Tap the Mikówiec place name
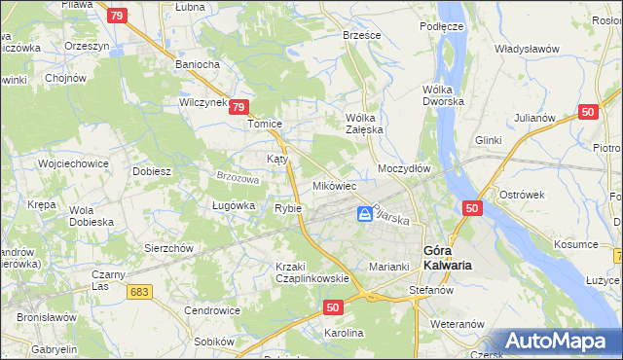(x=334, y=185)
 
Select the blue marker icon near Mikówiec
(x=365, y=214)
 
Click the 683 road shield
(x=139, y=291)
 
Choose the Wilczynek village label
(x=202, y=101)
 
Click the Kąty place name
(x=277, y=158)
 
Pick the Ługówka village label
(x=233, y=205)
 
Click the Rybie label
(x=288, y=208)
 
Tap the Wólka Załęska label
(x=366, y=124)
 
